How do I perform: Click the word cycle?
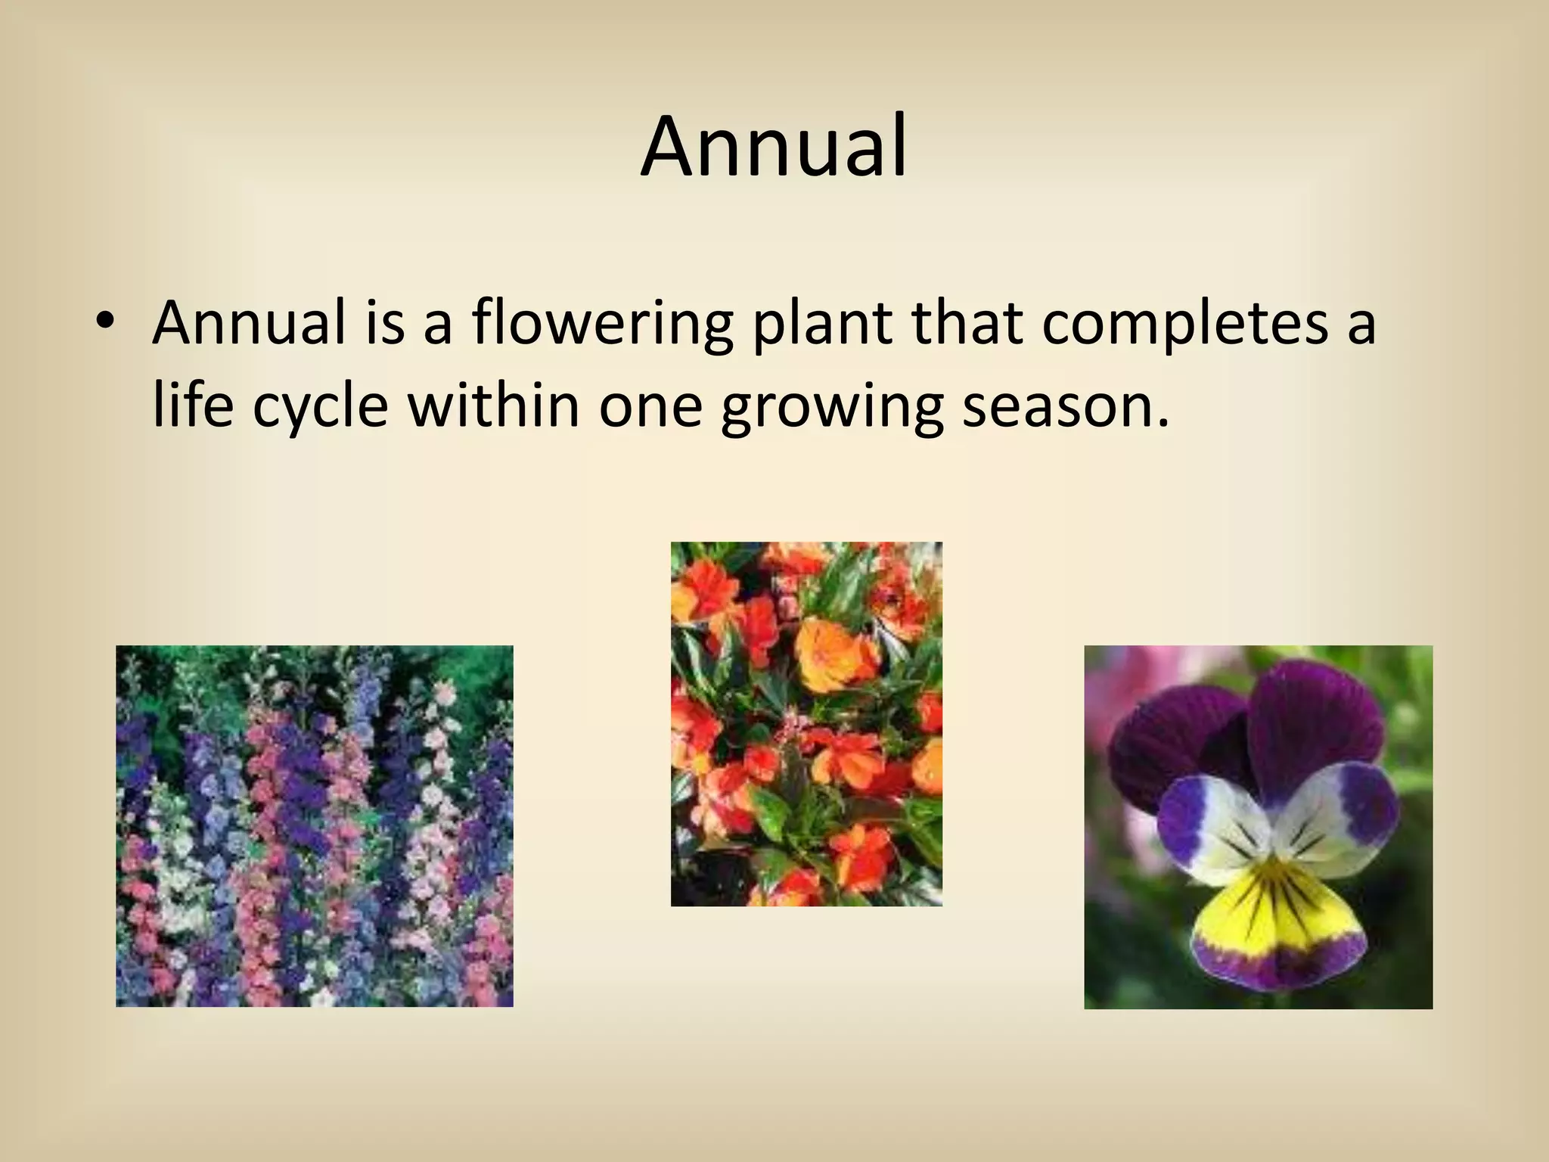click(x=320, y=408)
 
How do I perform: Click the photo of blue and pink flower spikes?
click(x=314, y=825)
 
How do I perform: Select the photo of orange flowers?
click(x=806, y=723)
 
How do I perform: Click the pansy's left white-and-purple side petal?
click(x=1203, y=825)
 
